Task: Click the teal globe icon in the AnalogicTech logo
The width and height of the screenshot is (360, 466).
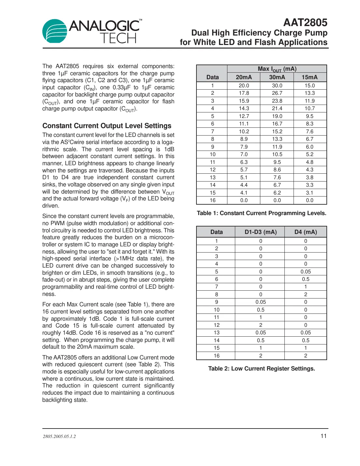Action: pos(54,31)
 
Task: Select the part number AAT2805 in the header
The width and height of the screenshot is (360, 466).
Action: pos(305,22)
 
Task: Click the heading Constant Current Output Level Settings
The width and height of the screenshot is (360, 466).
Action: pos(107,126)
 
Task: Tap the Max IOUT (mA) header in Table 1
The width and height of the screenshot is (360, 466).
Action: pos(277,69)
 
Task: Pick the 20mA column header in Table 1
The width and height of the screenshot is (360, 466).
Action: pos(244,77)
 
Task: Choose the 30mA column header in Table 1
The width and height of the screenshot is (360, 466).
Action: pos(277,77)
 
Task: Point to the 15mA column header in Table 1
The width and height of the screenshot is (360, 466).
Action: pos(310,77)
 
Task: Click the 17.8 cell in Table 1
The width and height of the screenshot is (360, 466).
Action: pos(244,93)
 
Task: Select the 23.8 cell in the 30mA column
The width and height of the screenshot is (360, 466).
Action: pos(277,101)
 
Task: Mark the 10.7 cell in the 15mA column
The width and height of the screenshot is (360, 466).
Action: pos(310,109)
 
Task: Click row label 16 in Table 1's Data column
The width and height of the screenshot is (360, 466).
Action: pos(212,200)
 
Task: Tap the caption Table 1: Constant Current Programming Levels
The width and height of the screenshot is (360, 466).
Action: pos(261,213)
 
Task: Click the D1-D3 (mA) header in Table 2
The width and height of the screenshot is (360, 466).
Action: pos(261,232)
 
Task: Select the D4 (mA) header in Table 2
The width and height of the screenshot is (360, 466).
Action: pos(306,232)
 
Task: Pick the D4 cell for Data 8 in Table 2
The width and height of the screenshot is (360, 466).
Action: pos(306,295)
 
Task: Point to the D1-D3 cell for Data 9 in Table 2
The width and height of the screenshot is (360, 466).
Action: pos(261,302)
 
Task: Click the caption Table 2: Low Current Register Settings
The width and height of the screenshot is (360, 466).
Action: pos(261,369)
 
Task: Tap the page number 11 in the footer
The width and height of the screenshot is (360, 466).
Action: pos(324,436)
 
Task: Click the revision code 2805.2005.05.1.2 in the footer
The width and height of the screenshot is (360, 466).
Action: pos(59,437)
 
